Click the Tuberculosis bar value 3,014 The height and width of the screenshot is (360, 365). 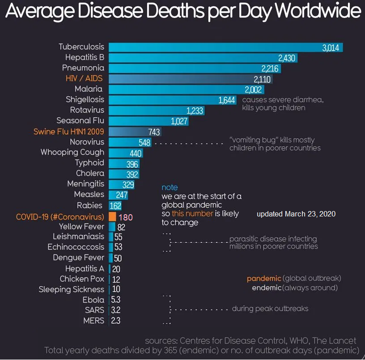pyautogui.click(x=331, y=47)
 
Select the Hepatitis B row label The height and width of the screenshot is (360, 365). pyautogui.click(x=85, y=57)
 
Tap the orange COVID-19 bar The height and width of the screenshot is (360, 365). pyautogui.click(x=113, y=217)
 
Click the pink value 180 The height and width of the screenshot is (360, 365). pyautogui.click(x=125, y=217)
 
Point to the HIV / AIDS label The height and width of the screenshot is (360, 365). pyautogui.click(x=85, y=78)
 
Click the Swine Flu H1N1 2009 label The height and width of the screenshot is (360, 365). pyautogui.click(x=69, y=131)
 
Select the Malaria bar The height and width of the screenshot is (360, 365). pyautogui.click(x=179, y=89)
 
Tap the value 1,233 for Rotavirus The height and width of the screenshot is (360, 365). pyautogui.click(x=195, y=110)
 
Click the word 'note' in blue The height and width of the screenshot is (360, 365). pyautogui.click(x=170, y=187)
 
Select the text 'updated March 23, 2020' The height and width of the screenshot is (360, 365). pyautogui.click(x=296, y=214)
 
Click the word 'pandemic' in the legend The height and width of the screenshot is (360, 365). pyautogui.click(x=264, y=278)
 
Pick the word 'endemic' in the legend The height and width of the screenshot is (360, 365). pyautogui.click(x=267, y=288)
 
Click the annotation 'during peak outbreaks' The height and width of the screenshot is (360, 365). pyautogui.click(x=270, y=309)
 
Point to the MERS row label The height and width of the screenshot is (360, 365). pyautogui.click(x=93, y=321)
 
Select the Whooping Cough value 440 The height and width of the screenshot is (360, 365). pyautogui.click(x=136, y=153)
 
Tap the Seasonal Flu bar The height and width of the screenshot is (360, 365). pyautogui.click(x=148, y=121)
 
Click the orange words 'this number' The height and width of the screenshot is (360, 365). pyautogui.click(x=192, y=214)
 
